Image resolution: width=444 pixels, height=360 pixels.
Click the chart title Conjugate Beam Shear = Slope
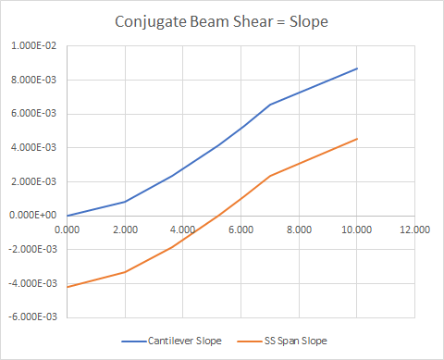[222, 20]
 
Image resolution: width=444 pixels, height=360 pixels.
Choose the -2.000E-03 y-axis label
[34, 249]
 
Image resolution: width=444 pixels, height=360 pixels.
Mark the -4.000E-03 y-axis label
[34, 282]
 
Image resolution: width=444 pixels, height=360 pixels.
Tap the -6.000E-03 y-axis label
[34, 316]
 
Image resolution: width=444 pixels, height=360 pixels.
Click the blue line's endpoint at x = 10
[356, 68]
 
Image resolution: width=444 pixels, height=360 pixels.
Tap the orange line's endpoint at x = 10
[356, 139]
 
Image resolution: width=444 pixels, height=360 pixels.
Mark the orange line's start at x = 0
[68, 286]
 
